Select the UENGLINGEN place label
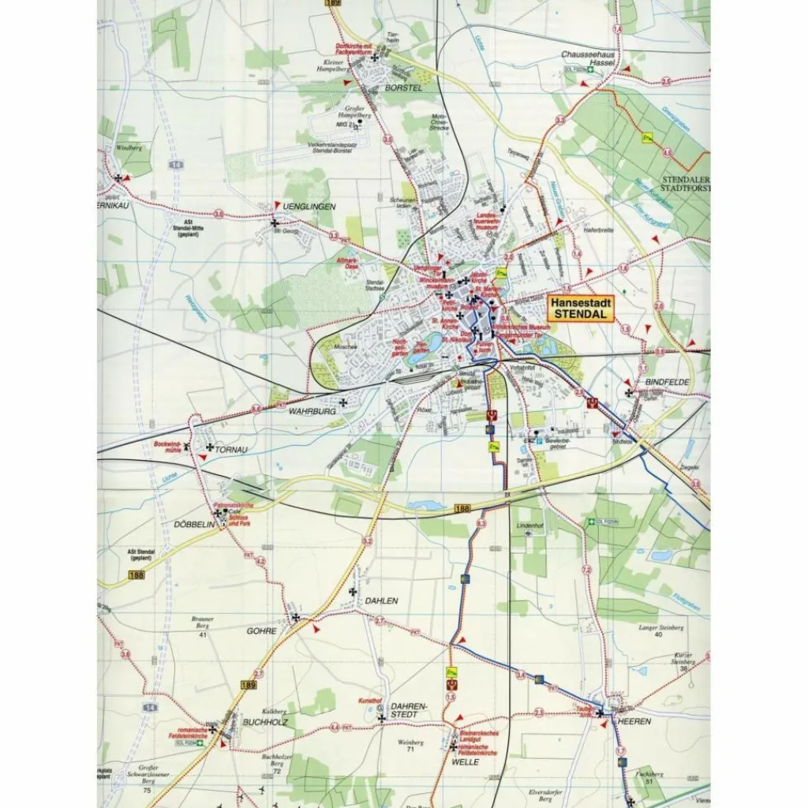(x=313, y=206)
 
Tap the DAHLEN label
(x=381, y=600)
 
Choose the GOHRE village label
(x=261, y=630)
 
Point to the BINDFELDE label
(x=668, y=382)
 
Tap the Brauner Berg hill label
(x=203, y=623)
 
